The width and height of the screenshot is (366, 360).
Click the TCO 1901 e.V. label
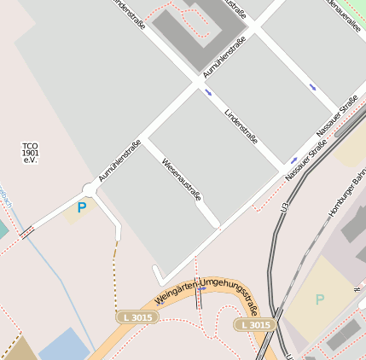coord(31,153)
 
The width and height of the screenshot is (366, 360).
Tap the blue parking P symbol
coord(82,207)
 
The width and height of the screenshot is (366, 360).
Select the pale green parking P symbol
coord(320,299)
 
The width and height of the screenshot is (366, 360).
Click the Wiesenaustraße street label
coord(181,178)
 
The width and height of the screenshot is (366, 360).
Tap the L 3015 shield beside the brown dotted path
coord(137,317)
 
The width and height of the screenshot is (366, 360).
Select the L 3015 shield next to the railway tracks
coord(254,325)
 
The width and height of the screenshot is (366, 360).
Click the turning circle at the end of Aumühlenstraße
coord(89,189)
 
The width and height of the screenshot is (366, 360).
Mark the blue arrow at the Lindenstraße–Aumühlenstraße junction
coord(209,91)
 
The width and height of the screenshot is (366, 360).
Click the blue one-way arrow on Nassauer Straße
coord(294,160)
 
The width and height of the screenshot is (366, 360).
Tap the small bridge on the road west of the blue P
coord(26,231)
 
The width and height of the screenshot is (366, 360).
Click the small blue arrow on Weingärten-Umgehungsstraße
coord(201,290)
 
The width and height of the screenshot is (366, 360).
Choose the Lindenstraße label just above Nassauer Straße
coord(241,126)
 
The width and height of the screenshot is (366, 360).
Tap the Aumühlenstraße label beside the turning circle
coord(119,160)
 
